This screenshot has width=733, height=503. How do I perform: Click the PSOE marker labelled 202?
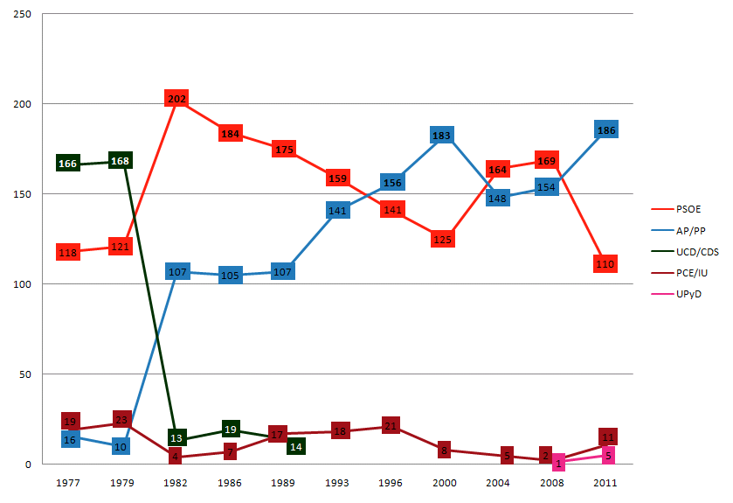176,100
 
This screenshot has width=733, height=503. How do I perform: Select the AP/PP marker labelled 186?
605,130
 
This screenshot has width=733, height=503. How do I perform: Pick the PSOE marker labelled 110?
605,263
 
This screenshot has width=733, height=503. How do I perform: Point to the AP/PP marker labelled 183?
442,136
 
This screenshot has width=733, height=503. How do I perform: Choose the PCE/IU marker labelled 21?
391,426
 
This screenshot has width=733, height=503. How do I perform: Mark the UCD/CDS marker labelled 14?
296,446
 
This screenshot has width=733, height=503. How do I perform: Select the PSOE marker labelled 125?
443,239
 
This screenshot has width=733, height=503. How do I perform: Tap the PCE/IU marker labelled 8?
444,451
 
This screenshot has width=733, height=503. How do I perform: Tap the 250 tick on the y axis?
17,14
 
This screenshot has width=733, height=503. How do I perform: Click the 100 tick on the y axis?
17,284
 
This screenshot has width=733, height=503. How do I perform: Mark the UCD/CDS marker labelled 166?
68,164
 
